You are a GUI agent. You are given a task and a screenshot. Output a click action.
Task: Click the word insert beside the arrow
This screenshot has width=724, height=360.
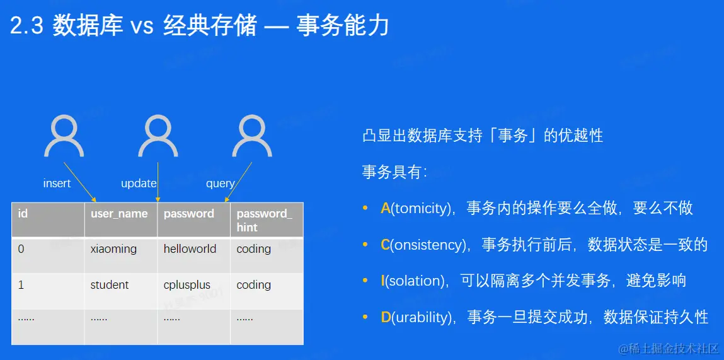(57, 183)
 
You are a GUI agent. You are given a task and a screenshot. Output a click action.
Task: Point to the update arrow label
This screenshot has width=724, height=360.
(139, 183)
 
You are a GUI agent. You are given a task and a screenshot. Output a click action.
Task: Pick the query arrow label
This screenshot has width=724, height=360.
(221, 184)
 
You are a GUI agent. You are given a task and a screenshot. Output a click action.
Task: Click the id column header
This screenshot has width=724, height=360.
(22, 214)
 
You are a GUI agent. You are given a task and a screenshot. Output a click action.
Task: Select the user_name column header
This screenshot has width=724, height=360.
(119, 214)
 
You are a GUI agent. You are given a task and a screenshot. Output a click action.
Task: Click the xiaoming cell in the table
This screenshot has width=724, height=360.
(113, 249)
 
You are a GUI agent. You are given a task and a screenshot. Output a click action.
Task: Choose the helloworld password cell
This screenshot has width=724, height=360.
(190, 248)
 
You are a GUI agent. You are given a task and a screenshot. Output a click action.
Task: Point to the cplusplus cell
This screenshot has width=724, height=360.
(187, 285)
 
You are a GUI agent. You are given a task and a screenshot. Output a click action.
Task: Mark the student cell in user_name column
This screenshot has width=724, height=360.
(110, 285)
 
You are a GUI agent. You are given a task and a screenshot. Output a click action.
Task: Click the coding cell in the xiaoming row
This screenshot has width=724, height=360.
(253, 249)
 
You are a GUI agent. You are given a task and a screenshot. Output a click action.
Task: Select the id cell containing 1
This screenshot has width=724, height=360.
(21, 285)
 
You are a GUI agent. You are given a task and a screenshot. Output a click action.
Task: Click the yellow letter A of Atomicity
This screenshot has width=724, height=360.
(386, 209)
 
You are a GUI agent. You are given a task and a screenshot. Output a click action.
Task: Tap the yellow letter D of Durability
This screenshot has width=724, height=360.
(386, 318)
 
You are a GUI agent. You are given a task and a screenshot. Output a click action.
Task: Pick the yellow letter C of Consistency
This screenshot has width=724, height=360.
(386, 245)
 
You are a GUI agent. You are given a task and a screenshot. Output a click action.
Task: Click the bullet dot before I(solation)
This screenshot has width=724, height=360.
(365, 281)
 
